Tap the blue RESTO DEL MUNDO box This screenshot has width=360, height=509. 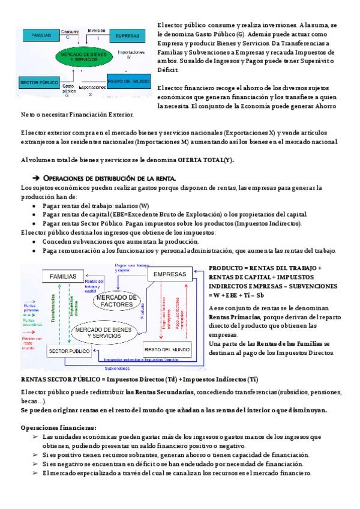pos(127,80)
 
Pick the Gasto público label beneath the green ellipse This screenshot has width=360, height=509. pos(68,89)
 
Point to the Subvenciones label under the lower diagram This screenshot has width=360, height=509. pos(118,369)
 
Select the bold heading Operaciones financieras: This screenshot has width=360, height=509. pos(50,427)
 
